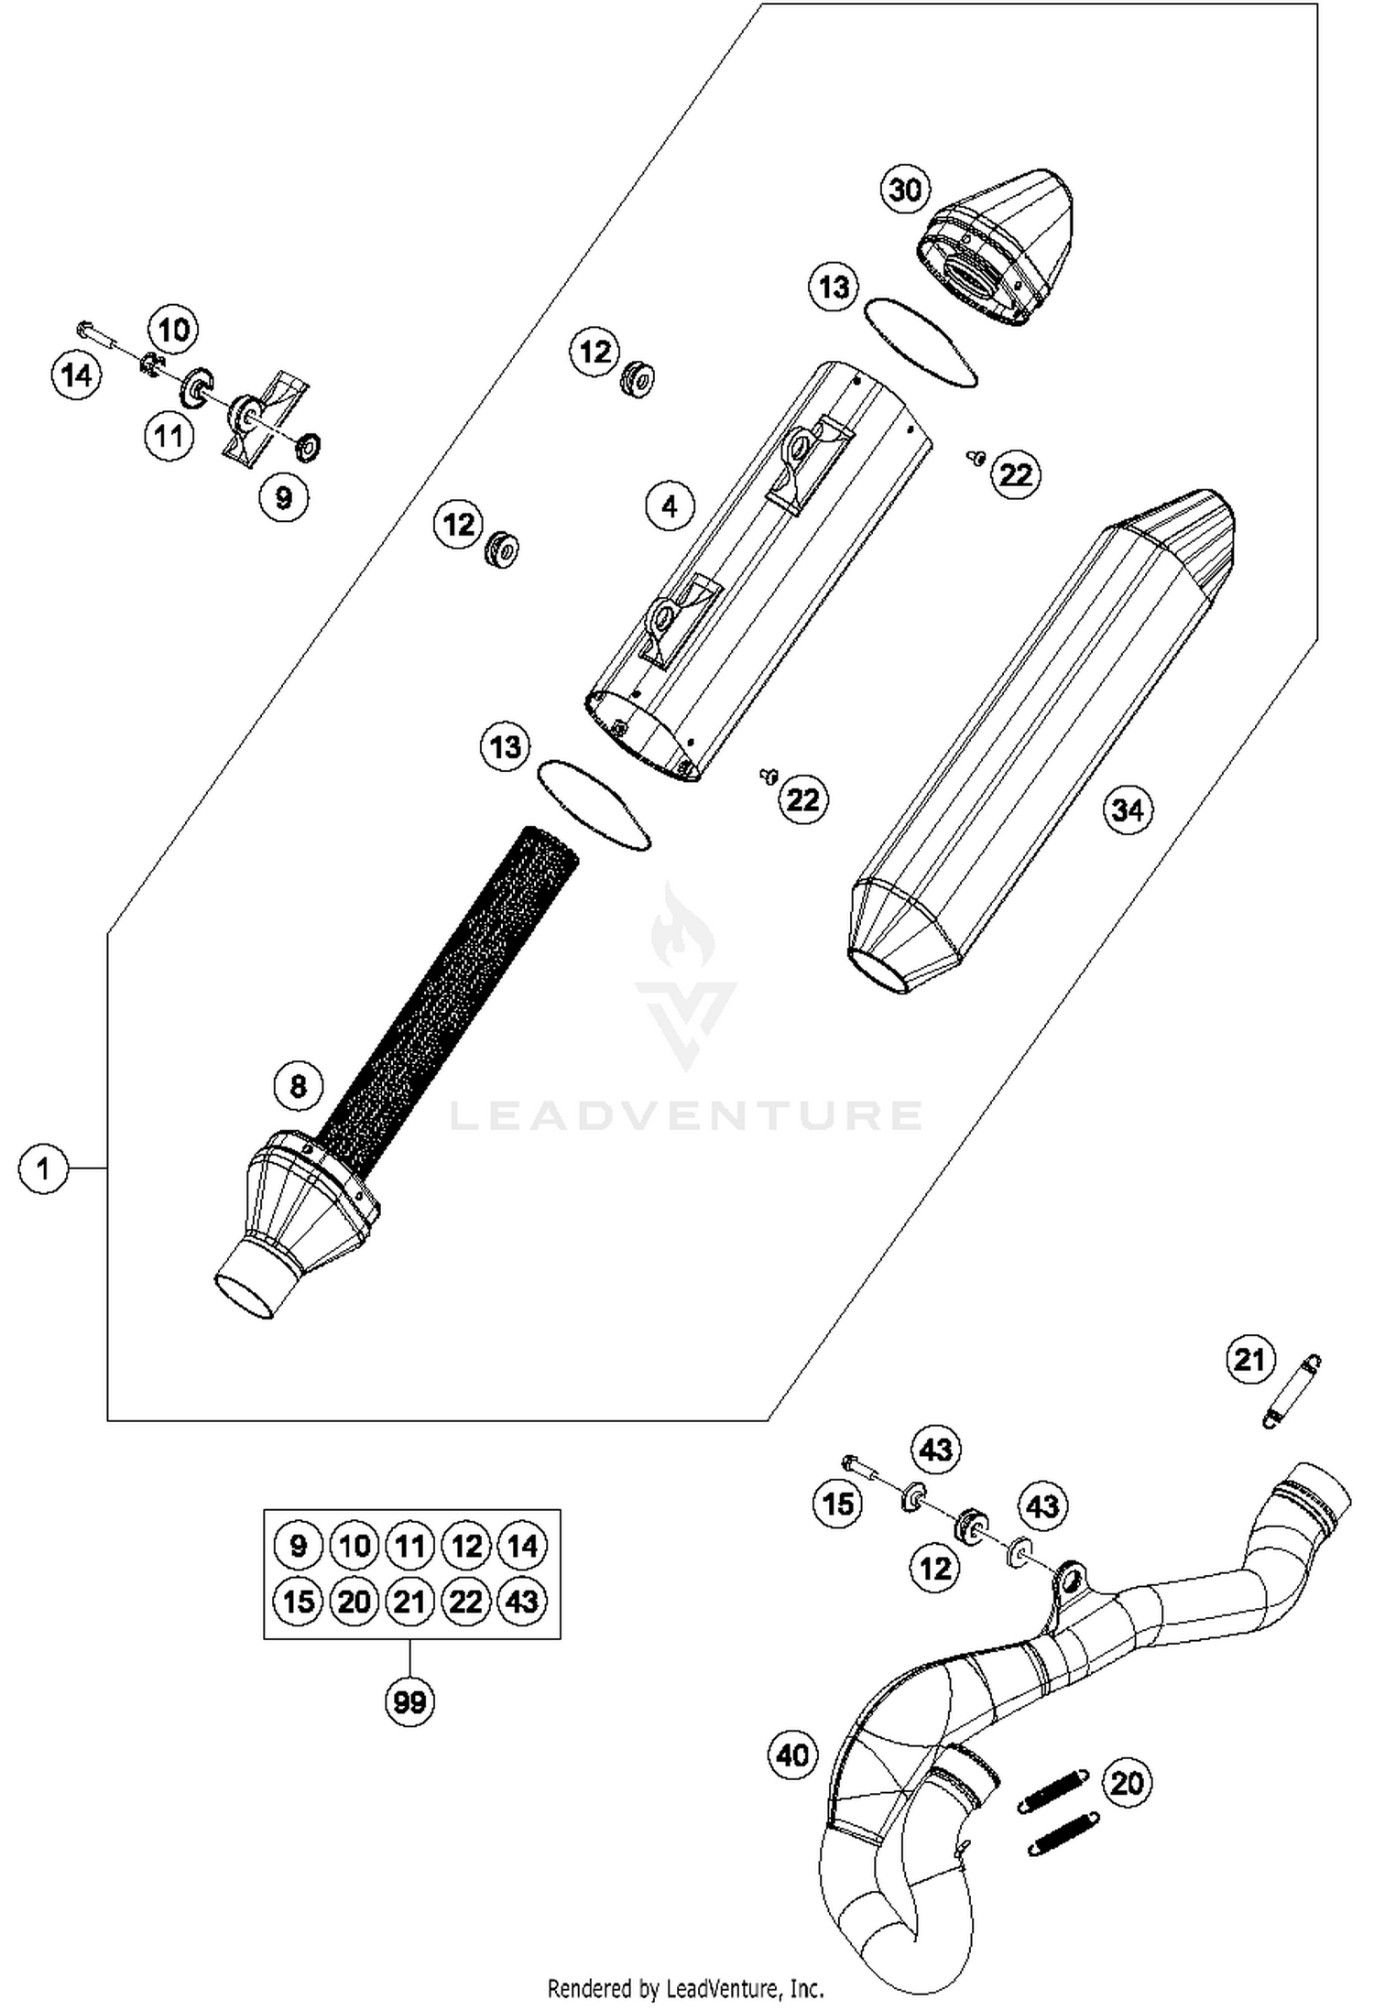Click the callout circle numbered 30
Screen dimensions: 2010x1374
click(905, 190)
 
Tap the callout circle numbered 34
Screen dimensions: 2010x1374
click(1128, 809)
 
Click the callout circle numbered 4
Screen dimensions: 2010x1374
click(670, 505)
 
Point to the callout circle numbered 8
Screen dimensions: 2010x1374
click(299, 1086)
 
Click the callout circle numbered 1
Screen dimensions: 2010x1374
click(43, 1168)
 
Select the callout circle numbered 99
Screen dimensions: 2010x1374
click(409, 1701)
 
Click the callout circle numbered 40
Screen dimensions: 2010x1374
click(792, 1755)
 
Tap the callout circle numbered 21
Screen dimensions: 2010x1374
click(1250, 1360)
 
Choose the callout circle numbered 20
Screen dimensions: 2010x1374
click(1128, 1782)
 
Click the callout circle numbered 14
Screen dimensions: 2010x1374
click(76, 375)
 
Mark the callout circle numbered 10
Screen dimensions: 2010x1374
click(174, 330)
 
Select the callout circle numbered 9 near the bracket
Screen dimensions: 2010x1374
click(284, 497)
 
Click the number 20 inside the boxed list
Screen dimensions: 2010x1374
click(354, 1601)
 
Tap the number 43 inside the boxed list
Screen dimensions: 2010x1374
click(522, 1601)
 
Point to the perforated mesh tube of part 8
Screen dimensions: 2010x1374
click(458, 989)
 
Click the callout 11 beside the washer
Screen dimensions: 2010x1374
click(169, 436)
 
